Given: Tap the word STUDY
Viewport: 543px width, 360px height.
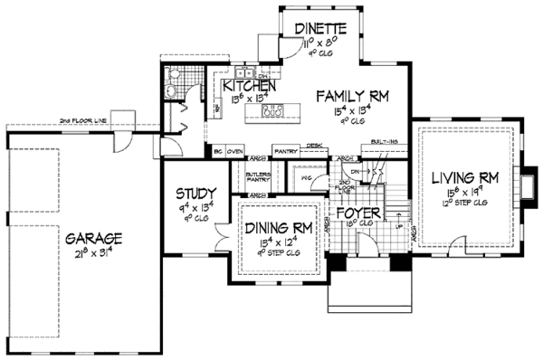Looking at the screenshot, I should (195, 193).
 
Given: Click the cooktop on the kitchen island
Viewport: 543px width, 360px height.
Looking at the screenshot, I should (271, 112).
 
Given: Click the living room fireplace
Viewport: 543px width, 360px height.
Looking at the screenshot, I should (528, 178).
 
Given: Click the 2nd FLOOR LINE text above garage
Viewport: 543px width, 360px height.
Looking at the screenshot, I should (85, 120).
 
